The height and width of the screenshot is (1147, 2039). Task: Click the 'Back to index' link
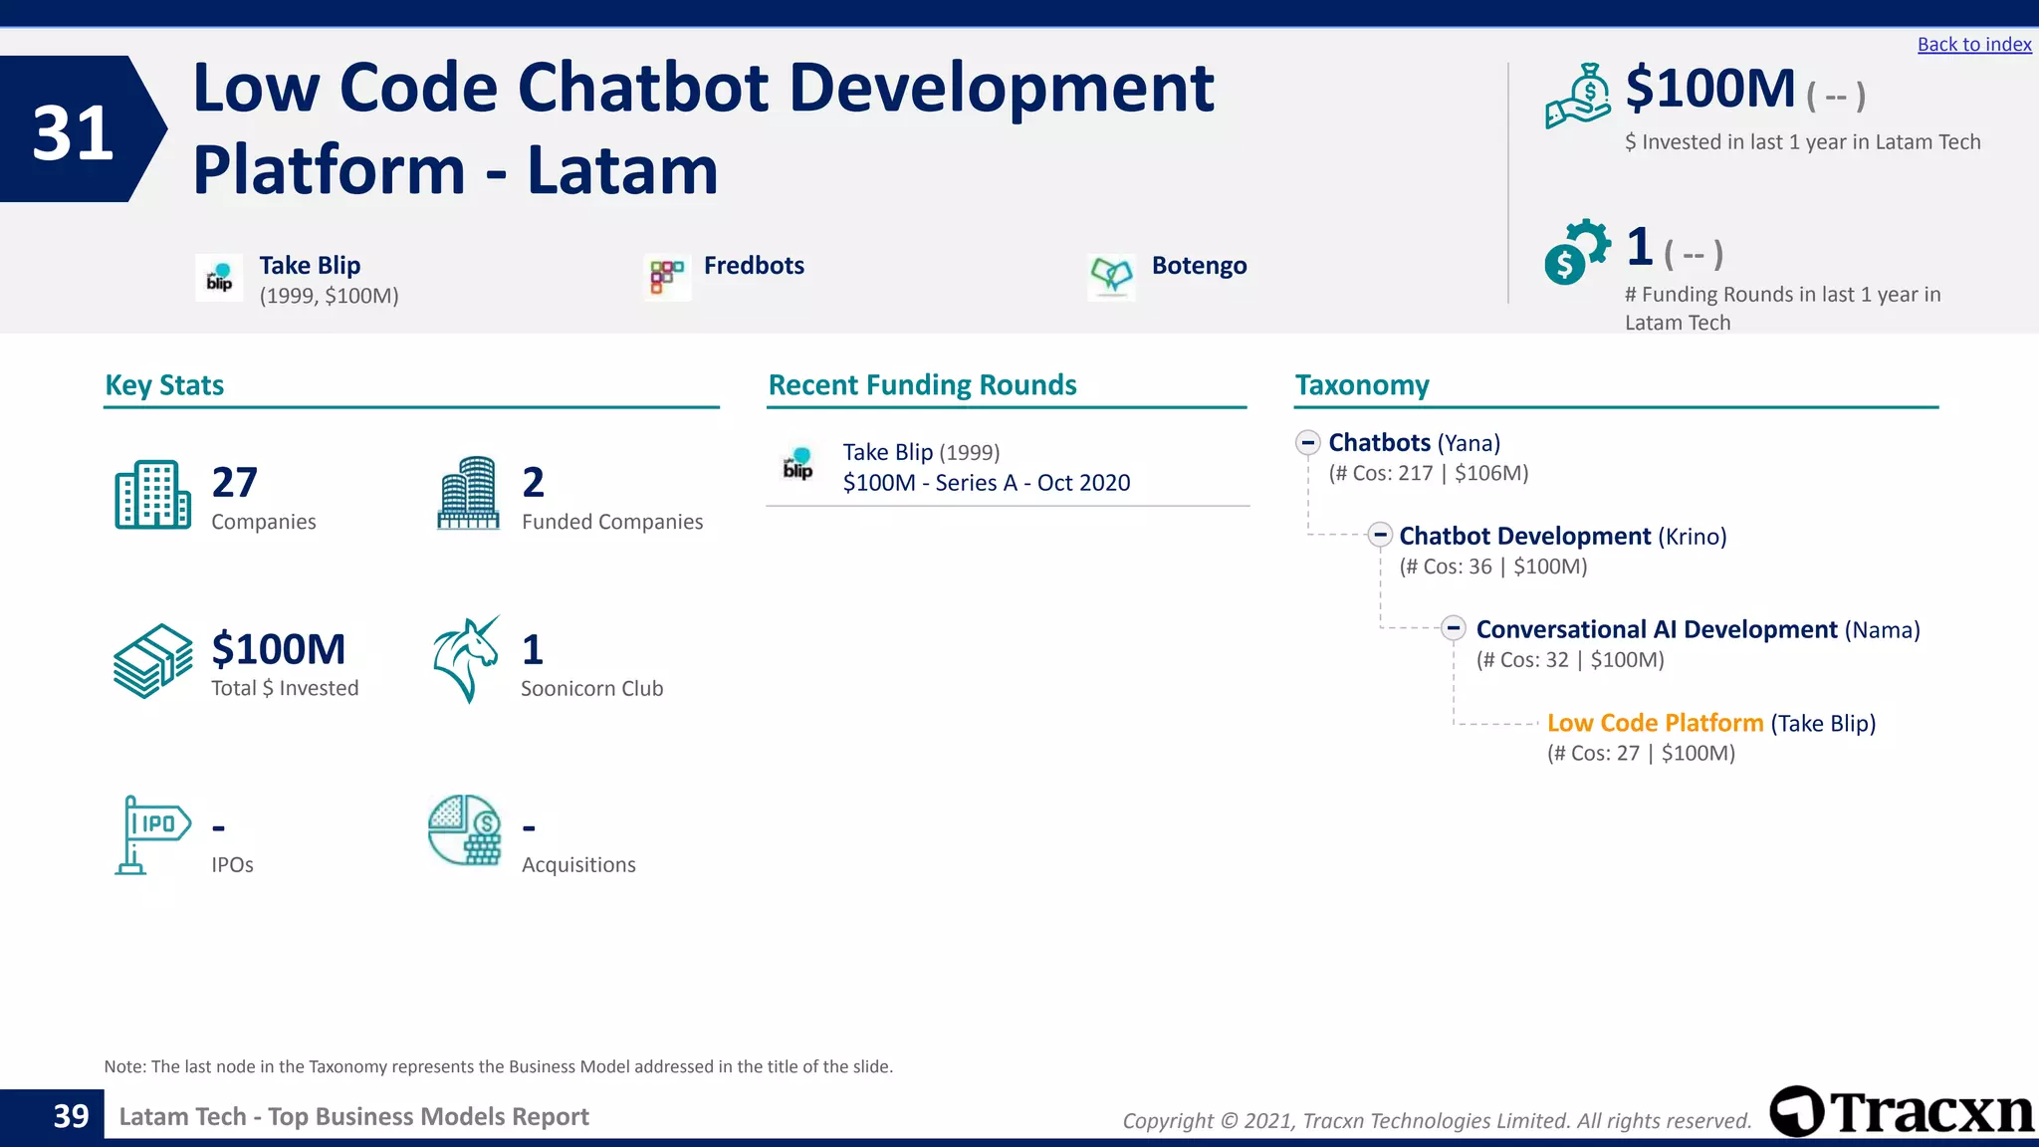[x=1973, y=45]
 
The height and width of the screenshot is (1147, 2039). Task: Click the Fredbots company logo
[x=667, y=277]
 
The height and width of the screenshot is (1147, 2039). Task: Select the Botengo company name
[x=1199, y=266]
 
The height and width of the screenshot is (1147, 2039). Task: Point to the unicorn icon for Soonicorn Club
[x=466, y=659]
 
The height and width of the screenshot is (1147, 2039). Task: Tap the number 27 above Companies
[x=235, y=483]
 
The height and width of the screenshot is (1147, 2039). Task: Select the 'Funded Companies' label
[x=612, y=522]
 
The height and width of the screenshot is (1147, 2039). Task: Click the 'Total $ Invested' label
[x=285, y=688]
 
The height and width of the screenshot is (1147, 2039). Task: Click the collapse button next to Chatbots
[x=1308, y=442]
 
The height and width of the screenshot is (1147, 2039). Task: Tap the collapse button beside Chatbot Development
[x=1379, y=536]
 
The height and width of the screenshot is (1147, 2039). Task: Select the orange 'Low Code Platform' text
[x=1655, y=723]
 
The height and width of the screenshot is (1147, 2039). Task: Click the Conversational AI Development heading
[x=1657, y=629]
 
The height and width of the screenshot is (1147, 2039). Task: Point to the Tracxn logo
[x=1902, y=1112]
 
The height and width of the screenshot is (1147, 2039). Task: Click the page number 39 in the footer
[x=71, y=1116]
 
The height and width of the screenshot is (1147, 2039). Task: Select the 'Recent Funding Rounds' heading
[x=922, y=385]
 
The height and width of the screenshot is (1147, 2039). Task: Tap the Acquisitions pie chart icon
[x=465, y=830]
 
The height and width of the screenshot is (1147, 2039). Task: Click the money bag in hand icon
[x=1578, y=97]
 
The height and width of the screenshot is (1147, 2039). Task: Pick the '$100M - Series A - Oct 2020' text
[x=986, y=483]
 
